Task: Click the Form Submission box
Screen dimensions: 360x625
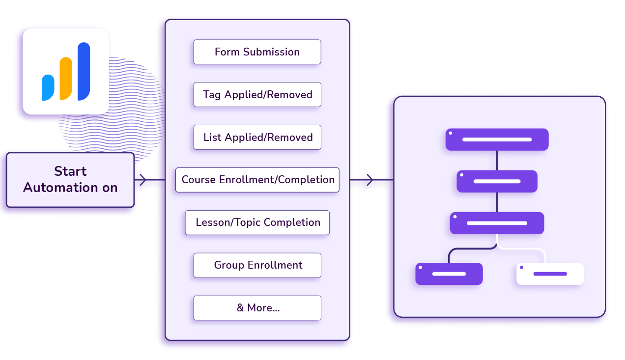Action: pyautogui.click(x=257, y=52)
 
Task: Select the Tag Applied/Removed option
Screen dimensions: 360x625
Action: pyautogui.click(x=257, y=95)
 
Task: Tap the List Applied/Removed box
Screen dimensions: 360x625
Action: pyautogui.click(x=257, y=138)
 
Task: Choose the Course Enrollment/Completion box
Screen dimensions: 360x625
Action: pyautogui.click(x=257, y=180)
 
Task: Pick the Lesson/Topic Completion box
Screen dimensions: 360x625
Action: pyautogui.click(x=257, y=222)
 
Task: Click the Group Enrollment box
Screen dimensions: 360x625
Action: pyautogui.click(x=257, y=265)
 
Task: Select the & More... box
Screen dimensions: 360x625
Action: pyautogui.click(x=257, y=308)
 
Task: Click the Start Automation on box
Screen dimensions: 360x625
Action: pyautogui.click(x=70, y=179)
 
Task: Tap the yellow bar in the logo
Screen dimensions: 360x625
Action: pyautogui.click(x=66, y=78)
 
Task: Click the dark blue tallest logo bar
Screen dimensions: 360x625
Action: pyautogui.click(x=84, y=71)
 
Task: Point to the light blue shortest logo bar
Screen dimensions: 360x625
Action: pyautogui.click(x=48, y=88)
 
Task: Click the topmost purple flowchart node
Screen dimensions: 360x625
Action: pyautogui.click(x=497, y=139)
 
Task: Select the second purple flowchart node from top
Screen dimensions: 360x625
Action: pyautogui.click(x=497, y=181)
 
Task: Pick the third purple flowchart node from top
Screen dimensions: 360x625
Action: pyautogui.click(x=497, y=223)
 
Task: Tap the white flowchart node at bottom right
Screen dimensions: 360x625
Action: pyautogui.click(x=550, y=274)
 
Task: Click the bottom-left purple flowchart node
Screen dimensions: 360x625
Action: pyautogui.click(x=449, y=274)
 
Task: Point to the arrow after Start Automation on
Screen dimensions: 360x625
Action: pyautogui.click(x=142, y=180)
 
